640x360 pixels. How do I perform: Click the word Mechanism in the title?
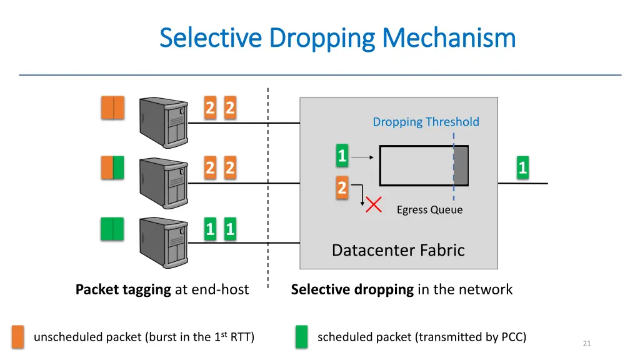[449, 38]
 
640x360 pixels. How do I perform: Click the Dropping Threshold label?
[426, 122]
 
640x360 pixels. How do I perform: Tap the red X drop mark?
[374, 204]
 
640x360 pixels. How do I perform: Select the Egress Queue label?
[429, 210]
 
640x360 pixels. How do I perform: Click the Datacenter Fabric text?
[398, 250]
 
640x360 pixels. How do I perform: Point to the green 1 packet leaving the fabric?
[522, 167]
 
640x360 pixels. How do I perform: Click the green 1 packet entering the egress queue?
[342, 156]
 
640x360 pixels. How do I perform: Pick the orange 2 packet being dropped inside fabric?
[342, 187]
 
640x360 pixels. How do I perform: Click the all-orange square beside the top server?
[113, 107]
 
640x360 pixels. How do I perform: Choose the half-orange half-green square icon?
[113, 167]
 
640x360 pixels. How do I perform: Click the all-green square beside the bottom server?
[113, 229]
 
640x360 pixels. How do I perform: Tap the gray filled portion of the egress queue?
[461, 166]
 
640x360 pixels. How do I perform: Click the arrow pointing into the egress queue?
[362, 158]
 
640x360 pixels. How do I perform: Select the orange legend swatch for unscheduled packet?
[18, 337]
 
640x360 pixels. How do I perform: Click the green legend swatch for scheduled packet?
[302, 337]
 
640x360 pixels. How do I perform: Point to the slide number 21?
[586, 343]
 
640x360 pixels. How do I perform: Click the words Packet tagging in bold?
[123, 289]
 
